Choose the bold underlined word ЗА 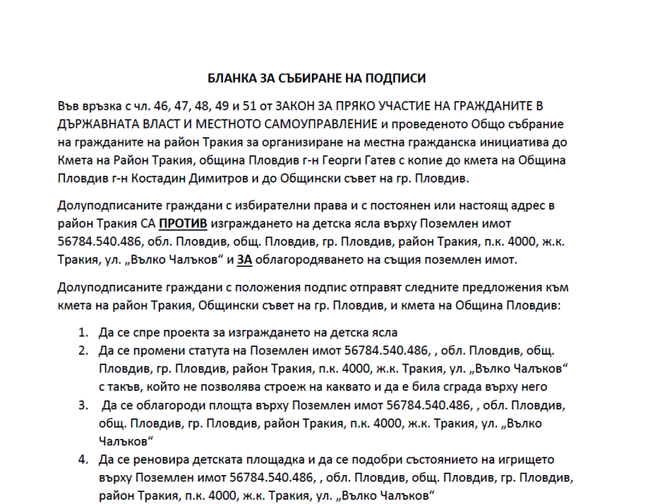[x=245, y=260]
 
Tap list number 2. [x=83, y=351]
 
